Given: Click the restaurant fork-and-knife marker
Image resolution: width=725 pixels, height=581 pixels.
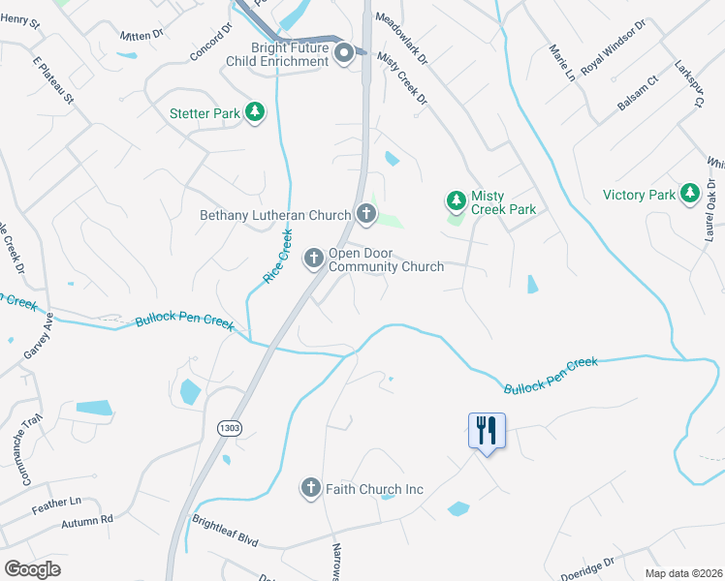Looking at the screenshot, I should pos(487,430).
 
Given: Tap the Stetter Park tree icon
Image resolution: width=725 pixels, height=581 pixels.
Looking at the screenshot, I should pos(255,113).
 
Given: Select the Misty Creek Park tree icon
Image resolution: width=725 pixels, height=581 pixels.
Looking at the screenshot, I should pos(456,201).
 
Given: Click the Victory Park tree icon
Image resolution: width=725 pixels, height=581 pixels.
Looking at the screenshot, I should pos(690,195).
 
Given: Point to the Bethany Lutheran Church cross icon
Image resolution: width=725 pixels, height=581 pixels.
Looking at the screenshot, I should pos(365,214).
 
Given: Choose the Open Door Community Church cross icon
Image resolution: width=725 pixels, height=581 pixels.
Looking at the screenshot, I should pos(314,259).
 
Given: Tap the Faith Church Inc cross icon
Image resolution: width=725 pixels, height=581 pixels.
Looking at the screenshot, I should pos(310,489).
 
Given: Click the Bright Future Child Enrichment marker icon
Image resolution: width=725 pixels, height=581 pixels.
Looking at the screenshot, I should pos(344,55).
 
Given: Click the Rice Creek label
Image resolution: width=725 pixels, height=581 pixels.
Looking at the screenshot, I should pos(277,257).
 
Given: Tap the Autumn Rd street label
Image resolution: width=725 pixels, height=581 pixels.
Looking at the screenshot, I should pos(86,521).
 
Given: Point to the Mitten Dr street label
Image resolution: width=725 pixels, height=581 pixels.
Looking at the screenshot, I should pos(142,36).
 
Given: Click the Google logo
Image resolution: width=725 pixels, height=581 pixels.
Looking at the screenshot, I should pos(32,568).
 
